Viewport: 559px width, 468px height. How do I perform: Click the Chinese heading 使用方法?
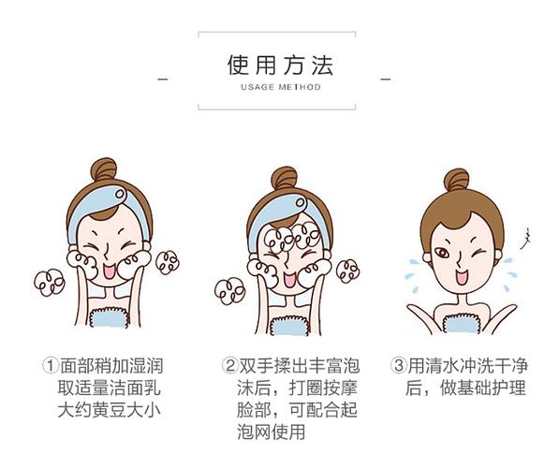point(280,66)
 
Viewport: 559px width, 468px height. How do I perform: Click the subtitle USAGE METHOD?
point(281,87)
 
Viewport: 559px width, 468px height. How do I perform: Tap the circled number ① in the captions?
point(51,365)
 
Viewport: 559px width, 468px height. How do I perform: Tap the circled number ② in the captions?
point(230,365)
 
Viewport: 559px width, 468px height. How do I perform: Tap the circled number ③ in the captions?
point(398,365)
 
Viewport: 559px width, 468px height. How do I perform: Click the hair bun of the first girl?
point(104,169)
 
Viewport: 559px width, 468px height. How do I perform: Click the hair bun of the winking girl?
point(457,180)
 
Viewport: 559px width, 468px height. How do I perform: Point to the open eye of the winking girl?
point(442,253)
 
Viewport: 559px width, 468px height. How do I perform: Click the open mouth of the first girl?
point(110,271)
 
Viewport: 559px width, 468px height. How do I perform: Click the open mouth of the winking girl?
point(462,276)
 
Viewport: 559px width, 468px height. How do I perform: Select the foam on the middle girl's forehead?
point(294,236)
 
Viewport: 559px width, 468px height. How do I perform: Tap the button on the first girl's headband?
point(120,194)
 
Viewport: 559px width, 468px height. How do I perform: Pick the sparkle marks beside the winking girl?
point(525,238)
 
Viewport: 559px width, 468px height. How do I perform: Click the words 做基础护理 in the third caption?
point(483,388)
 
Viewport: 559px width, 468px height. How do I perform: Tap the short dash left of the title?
point(163,80)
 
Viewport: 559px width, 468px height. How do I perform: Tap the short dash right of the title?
point(386,80)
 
